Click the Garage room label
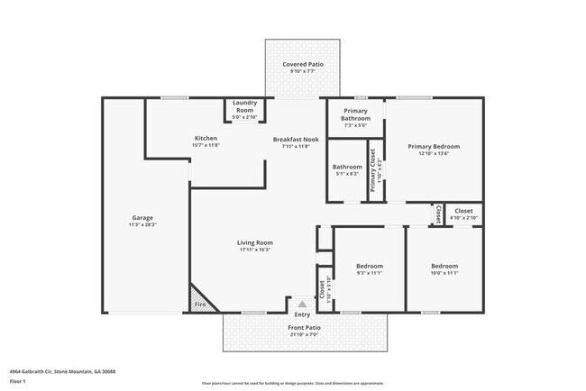(x=142, y=217)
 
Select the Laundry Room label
(x=245, y=105)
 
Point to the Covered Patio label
(x=302, y=65)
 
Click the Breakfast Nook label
(x=296, y=139)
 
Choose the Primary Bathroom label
(x=355, y=114)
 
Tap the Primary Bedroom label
(x=434, y=146)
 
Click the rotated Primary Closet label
(x=372, y=168)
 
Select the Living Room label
(x=256, y=242)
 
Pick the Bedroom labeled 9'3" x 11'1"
(x=369, y=266)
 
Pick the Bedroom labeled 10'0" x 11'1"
(x=444, y=266)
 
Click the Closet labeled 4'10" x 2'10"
(x=462, y=211)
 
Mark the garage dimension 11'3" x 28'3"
(x=142, y=224)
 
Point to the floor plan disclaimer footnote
(x=292, y=383)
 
